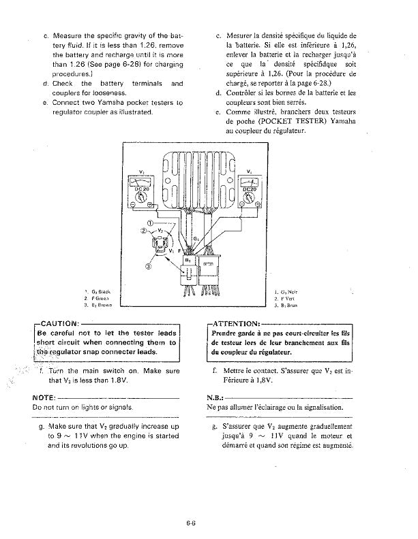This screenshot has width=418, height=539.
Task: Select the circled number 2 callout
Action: [144, 231]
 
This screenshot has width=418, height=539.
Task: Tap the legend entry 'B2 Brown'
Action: [98, 306]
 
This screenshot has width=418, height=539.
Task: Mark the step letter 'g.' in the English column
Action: [43, 426]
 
